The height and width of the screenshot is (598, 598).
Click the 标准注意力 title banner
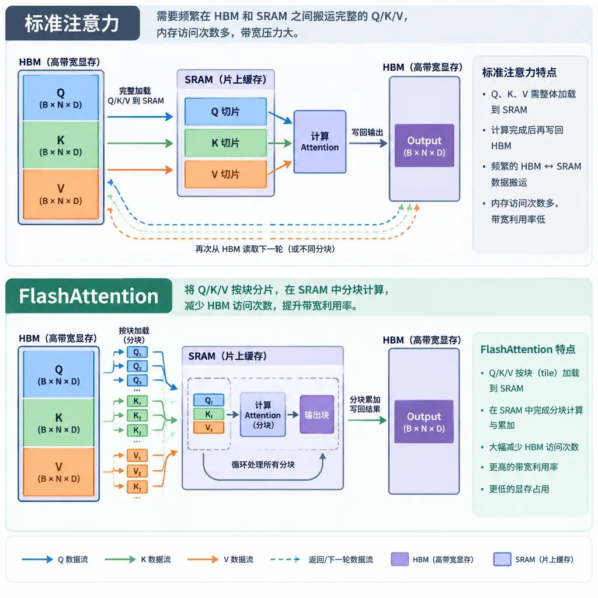click(72, 23)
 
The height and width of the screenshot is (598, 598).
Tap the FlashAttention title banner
click(89, 296)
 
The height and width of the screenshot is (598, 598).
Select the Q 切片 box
click(225, 112)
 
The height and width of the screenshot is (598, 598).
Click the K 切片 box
click(225, 143)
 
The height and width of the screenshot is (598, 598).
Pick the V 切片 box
click(225, 174)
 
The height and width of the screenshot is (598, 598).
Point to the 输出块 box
click(317, 415)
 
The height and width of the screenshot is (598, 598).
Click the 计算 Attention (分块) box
click(263, 415)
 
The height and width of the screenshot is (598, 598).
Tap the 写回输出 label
click(367, 133)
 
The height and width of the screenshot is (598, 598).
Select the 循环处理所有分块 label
click(263, 464)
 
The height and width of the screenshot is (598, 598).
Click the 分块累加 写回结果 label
click(365, 404)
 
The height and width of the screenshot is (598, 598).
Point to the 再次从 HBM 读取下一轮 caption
click(265, 249)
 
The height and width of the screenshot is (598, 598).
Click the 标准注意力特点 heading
click(519, 72)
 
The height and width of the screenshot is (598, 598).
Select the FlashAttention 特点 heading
click(528, 349)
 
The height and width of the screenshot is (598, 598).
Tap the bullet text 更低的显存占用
click(519, 489)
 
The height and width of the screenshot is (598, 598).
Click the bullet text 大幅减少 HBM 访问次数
click(534, 447)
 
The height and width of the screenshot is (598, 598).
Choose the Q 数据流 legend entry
click(55, 559)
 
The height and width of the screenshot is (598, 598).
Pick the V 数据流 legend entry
click(220, 559)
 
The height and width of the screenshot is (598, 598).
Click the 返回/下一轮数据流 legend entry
click(322, 559)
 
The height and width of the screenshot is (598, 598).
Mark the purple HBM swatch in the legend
click(399, 559)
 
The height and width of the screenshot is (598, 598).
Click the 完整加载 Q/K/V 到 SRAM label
click(135, 96)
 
